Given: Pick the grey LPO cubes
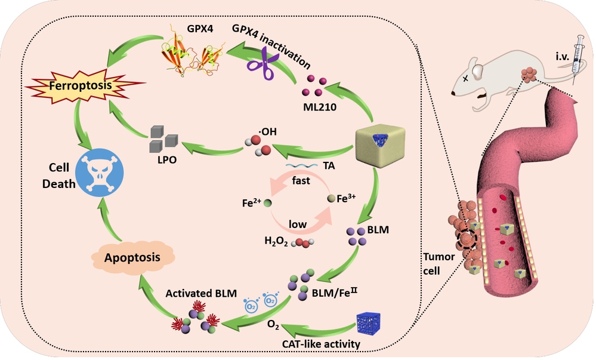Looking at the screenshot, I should pyautogui.click(x=163, y=139).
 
